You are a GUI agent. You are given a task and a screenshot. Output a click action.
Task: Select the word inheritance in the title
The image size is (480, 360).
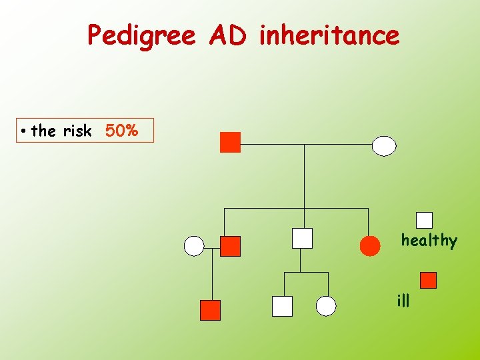[x=329, y=35]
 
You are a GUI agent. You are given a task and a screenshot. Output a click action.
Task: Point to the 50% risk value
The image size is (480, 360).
[x=121, y=131]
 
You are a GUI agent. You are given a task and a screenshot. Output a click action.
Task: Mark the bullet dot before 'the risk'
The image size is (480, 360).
[x=23, y=131]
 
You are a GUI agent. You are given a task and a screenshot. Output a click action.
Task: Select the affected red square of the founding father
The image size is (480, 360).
[x=230, y=143]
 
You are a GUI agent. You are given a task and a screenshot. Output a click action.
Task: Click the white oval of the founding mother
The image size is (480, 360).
[x=384, y=145]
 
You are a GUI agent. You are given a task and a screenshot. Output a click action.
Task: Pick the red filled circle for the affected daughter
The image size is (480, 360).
[x=370, y=246]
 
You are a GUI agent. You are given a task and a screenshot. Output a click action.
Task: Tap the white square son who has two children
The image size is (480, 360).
[x=302, y=238]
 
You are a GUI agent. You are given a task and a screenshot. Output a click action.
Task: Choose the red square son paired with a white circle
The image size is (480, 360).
[x=230, y=246]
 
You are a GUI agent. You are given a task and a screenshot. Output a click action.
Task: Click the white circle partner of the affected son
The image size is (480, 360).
[x=194, y=246]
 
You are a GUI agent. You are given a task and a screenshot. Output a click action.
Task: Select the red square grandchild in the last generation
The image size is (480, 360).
[x=210, y=310]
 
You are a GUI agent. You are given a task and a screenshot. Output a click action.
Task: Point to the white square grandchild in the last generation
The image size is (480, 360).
[x=282, y=306]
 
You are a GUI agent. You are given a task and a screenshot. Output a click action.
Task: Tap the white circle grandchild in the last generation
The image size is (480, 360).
[x=326, y=306]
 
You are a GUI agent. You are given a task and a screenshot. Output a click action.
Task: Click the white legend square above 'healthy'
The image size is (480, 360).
[x=424, y=220]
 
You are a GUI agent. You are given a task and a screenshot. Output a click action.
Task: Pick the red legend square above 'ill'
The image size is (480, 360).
[x=429, y=280]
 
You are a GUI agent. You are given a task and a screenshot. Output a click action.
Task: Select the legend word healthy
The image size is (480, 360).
[x=429, y=241]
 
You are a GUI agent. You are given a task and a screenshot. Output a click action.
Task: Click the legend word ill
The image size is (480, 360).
[x=403, y=301]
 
